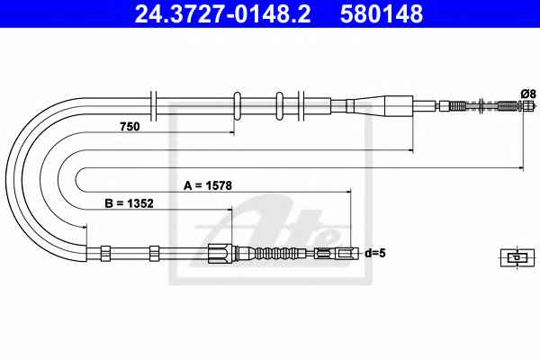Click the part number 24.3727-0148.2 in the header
click(x=222, y=13)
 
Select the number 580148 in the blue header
click(x=382, y=13)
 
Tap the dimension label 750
click(x=130, y=127)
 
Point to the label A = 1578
click(x=208, y=185)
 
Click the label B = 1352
click(x=129, y=203)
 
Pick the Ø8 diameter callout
click(x=528, y=94)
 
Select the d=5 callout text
click(x=375, y=253)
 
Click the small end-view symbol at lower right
click(x=517, y=257)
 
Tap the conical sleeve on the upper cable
click(x=379, y=106)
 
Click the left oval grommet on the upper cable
click(x=237, y=106)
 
